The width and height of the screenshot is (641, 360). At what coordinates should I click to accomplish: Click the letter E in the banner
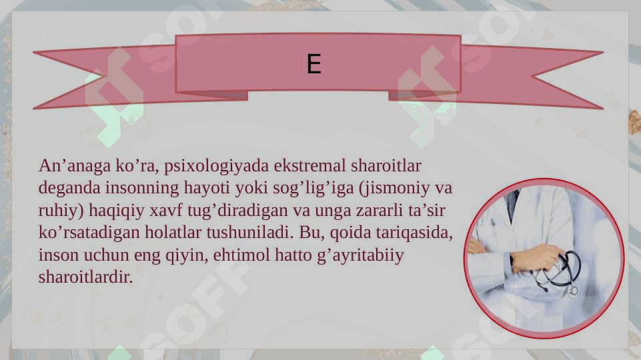click(314, 64)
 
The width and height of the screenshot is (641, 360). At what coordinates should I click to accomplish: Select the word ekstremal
click(310, 165)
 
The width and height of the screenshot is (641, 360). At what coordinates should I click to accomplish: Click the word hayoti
click(207, 188)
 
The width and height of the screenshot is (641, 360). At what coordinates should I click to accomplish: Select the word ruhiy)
click(61, 211)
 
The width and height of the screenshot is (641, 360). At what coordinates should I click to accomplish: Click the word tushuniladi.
click(249, 232)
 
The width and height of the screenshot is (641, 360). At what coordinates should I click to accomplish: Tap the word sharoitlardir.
click(85, 277)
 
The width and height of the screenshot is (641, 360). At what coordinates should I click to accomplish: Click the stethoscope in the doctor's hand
click(557, 272)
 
